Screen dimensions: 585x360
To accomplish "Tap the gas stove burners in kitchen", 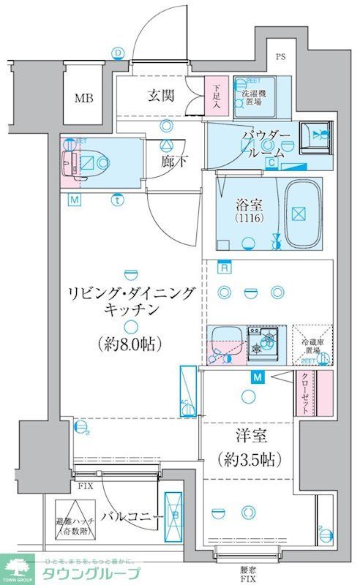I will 266,342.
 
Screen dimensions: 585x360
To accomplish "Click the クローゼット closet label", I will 304,393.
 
